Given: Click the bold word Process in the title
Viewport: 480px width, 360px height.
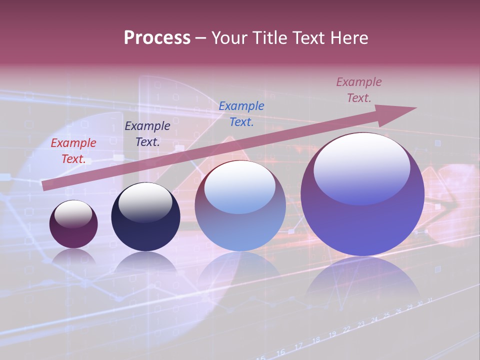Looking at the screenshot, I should (x=157, y=38).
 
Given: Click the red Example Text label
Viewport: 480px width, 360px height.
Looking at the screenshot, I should (x=73, y=151).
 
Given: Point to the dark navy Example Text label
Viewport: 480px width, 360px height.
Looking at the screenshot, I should (x=147, y=134).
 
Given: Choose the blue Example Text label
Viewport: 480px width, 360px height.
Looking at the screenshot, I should (x=241, y=114).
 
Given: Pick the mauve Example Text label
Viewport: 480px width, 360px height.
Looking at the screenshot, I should (x=359, y=90).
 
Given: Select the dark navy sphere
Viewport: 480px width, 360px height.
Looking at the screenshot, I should (x=145, y=230).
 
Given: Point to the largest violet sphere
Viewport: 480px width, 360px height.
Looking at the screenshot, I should (x=362, y=225).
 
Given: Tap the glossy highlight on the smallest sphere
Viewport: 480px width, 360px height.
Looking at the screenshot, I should (x=73, y=213).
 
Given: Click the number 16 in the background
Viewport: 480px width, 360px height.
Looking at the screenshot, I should (x=280, y=352).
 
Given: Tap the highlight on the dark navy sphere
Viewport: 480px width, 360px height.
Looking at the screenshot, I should (x=145, y=202).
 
